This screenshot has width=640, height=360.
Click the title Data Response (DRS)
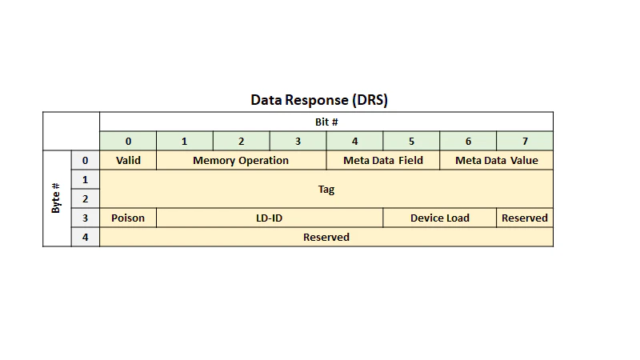[x=319, y=100]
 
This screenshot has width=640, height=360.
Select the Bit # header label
[x=326, y=122]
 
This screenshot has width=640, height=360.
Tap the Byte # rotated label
[x=56, y=198]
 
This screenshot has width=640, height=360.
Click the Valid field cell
[x=128, y=161]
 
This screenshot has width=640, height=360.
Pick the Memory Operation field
[x=242, y=161]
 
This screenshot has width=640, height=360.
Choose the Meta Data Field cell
[x=383, y=161]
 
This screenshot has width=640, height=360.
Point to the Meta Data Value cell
[x=497, y=161]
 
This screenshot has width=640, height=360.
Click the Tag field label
[x=326, y=190]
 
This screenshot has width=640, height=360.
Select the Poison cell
[x=128, y=218]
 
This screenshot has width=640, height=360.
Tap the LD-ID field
[x=270, y=218]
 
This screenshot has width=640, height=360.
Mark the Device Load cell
[x=440, y=218]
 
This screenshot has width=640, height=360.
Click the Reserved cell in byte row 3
[x=525, y=218]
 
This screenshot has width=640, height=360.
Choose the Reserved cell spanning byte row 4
[x=326, y=237]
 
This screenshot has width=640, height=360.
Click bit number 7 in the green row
[x=525, y=142]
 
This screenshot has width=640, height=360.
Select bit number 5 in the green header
[x=411, y=142]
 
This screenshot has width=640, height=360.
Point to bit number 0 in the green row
[x=128, y=142]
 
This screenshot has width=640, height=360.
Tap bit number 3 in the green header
[x=298, y=142]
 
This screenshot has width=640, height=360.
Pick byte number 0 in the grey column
[x=86, y=161]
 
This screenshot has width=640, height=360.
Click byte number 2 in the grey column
[x=86, y=198]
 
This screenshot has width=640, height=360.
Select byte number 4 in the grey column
[x=86, y=237]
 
